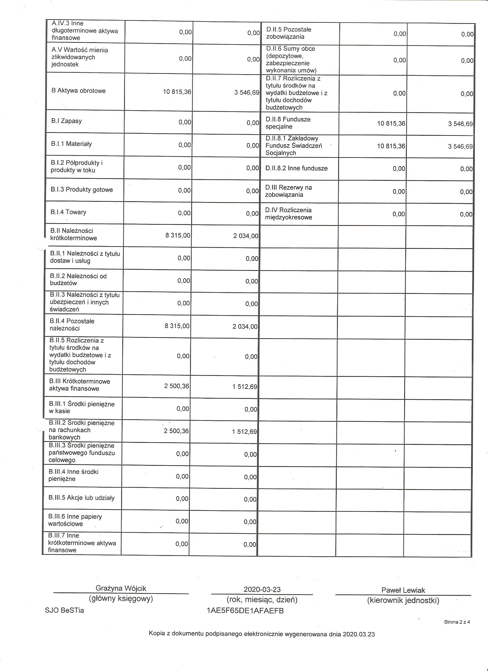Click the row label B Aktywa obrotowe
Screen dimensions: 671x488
(78, 91)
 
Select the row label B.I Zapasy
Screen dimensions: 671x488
(66, 121)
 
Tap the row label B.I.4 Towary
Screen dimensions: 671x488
(68, 212)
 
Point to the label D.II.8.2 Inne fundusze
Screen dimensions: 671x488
(297, 168)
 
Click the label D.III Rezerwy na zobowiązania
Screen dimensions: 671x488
(288, 191)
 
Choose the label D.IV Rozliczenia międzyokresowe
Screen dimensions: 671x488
(288, 214)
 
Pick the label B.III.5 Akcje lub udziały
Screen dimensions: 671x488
(82, 498)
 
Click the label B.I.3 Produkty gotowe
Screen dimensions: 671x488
(82, 190)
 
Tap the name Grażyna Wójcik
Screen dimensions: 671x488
(121, 588)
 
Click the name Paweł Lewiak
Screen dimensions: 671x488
(403, 590)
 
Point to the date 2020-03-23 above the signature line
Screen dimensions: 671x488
(262, 589)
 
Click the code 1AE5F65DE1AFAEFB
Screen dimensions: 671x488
(245, 611)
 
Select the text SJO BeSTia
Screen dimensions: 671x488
(64, 610)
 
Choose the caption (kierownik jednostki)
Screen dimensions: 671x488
(403, 601)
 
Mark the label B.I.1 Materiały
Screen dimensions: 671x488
(71, 144)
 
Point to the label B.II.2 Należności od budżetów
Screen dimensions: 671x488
(78, 280)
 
